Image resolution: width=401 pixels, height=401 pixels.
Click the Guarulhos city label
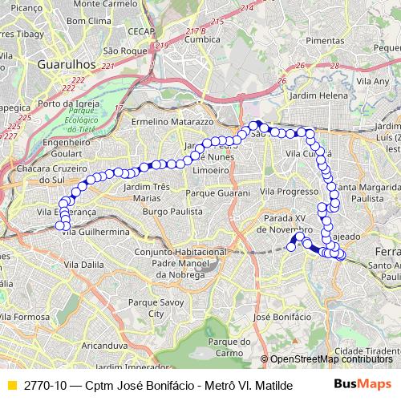pyautogui.click(x=56, y=63)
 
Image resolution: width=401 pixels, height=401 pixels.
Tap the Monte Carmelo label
pyautogui.click(x=107, y=4)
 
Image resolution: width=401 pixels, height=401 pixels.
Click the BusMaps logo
pyautogui.click(x=365, y=384)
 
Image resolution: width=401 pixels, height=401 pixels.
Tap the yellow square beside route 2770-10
pyautogui.click(x=10, y=385)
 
